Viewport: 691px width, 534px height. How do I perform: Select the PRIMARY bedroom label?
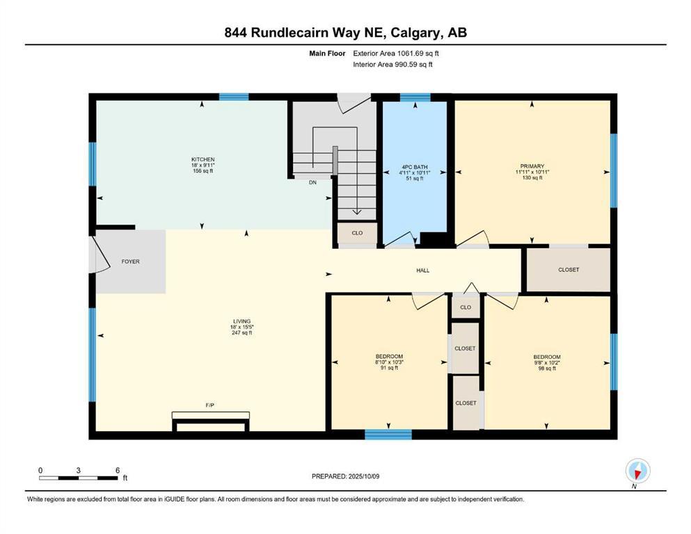click(532, 166)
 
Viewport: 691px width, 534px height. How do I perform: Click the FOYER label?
click(130, 262)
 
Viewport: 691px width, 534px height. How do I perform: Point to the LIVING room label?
click(241, 321)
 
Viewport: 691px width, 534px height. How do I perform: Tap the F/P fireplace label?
click(210, 404)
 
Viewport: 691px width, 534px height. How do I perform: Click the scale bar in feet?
click(79, 478)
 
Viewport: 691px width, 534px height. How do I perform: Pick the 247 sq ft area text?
click(241, 333)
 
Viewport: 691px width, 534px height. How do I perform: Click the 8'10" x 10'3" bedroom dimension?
click(389, 362)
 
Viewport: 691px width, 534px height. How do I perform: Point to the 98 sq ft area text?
click(546, 369)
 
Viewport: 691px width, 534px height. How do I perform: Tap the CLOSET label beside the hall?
click(569, 270)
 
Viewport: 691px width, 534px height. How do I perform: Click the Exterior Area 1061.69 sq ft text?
click(396, 53)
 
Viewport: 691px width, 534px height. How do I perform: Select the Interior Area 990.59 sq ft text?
click(393, 65)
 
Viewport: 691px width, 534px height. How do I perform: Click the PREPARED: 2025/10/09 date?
click(345, 476)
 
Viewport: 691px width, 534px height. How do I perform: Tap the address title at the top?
click(345, 33)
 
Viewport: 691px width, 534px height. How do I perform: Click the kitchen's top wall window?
click(234, 97)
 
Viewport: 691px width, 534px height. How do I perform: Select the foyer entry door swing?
click(102, 254)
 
